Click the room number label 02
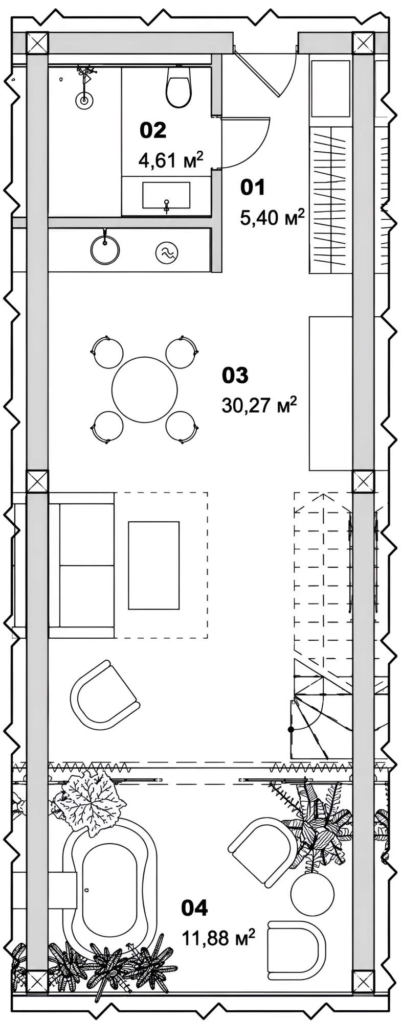(153, 130)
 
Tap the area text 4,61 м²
(171, 160)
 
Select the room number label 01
(253, 188)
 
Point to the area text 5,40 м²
(272, 218)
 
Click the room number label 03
(235, 376)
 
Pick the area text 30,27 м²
(259, 406)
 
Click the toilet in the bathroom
(179, 86)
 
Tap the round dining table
(145, 389)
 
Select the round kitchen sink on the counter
(105, 250)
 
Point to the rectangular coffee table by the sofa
(153, 565)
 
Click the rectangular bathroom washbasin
(166, 195)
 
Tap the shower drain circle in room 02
(84, 101)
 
